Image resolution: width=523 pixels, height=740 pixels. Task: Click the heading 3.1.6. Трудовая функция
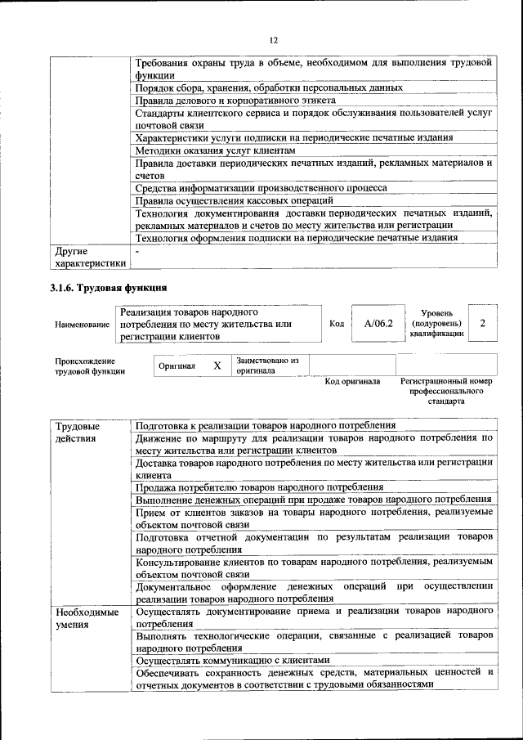(x=110, y=287)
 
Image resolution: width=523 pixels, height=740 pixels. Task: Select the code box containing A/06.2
(x=378, y=324)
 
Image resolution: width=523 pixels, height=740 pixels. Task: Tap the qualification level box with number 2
(x=483, y=324)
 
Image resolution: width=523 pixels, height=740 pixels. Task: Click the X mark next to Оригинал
(x=217, y=366)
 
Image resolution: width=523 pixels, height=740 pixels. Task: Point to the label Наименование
(x=82, y=325)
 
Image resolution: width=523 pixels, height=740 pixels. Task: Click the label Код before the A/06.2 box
(x=336, y=324)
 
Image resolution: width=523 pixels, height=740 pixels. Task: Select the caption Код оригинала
(x=352, y=382)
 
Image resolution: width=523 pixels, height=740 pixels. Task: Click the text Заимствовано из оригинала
(x=267, y=366)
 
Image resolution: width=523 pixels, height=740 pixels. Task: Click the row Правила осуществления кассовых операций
(x=234, y=200)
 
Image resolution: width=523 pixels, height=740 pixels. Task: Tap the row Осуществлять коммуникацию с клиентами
(x=232, y=660)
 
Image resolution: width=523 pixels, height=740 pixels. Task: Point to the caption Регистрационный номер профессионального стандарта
(x=446, y=392)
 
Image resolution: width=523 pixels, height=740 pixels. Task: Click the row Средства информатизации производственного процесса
(x=261, y=188)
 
